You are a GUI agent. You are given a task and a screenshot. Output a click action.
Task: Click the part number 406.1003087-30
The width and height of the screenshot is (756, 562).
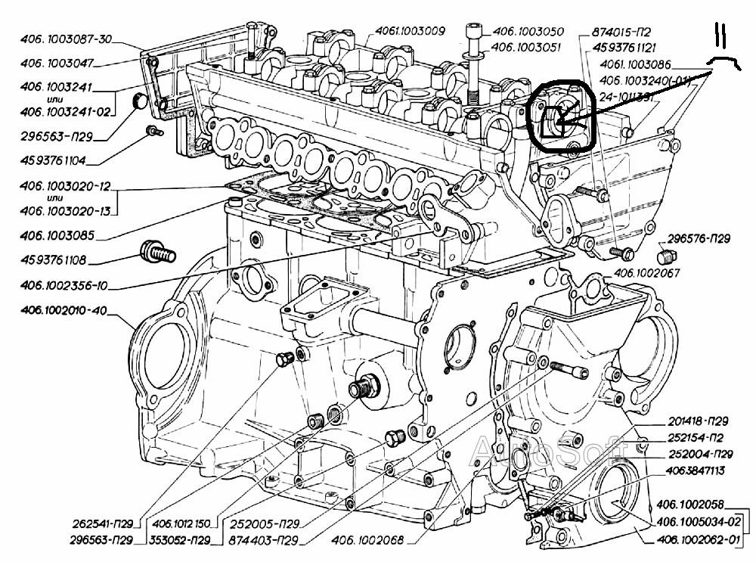tap(67, 41)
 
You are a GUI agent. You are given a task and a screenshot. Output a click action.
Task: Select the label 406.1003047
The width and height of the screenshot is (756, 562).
tap(57, 63)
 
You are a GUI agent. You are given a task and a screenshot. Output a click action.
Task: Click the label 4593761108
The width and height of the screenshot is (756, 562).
tap(54, 261)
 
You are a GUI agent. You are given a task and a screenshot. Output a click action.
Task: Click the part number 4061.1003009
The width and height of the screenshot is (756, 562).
tap(411, 31)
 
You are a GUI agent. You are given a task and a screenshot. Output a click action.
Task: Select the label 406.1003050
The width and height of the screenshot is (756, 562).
tap(527, 33)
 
